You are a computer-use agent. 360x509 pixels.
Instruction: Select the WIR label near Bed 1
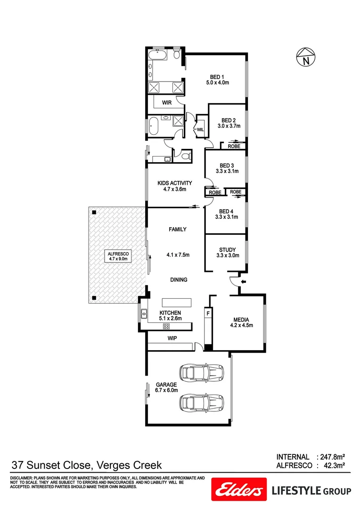pyautogui.click(x=167, y=102)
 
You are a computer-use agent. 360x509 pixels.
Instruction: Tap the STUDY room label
pyautogui.click(x=227, y=250)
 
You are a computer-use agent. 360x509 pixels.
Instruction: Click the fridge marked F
pyautogui.click(x=207, y=312)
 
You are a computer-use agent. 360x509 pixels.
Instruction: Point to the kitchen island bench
pyautogui.click(x=177, y=302)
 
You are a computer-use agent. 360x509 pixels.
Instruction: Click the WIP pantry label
pyautogui.click(x=172, y=338)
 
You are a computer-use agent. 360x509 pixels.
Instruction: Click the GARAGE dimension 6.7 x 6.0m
pyautogui.click(x=166, y=390)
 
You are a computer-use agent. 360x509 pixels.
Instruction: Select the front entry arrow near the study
pyautogui.click(x=243, y=281)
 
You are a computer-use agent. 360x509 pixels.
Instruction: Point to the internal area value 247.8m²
pyautogui.click(x=332, y=457)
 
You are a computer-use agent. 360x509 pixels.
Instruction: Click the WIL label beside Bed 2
pyautogui.click(x=200, y=129)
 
